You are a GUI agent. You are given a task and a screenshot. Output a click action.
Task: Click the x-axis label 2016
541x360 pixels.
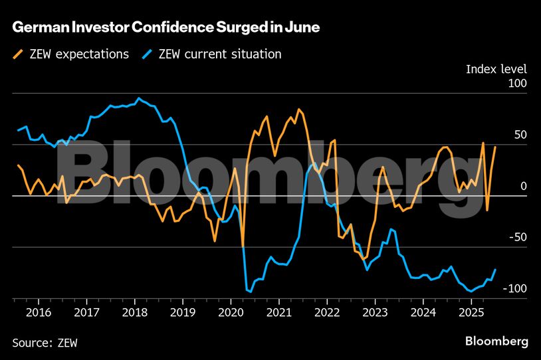[x=39, y=312]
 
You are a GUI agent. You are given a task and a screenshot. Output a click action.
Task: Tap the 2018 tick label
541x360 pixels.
[x=136, y=312]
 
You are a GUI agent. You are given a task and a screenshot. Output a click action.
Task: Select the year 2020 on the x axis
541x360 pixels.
[x=231, y=312]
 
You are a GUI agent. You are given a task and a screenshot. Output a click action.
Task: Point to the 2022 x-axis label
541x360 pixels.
[x=327, y=312]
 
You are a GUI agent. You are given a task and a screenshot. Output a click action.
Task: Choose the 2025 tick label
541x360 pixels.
[x=471, y=312]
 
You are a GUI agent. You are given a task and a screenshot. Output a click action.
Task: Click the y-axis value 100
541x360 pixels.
[x=516, y=84]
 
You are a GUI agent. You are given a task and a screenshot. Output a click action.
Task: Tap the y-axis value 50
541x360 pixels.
[x=519, y=135]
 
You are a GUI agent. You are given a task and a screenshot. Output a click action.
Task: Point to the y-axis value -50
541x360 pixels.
[x=516, y=238]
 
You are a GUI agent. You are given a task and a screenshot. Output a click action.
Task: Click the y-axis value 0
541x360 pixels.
[x=523, y=186]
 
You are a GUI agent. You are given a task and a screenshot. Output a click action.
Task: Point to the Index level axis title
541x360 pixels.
[x=496, y=69]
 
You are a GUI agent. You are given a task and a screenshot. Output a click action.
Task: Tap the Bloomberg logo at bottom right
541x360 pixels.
[x=497, y=341]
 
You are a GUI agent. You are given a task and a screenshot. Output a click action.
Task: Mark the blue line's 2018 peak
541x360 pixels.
[x=139, y=98]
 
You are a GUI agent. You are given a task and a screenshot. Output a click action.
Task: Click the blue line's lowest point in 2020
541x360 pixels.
[x=251, y=292]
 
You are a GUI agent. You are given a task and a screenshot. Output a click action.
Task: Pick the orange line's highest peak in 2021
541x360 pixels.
[x=298, y=109]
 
